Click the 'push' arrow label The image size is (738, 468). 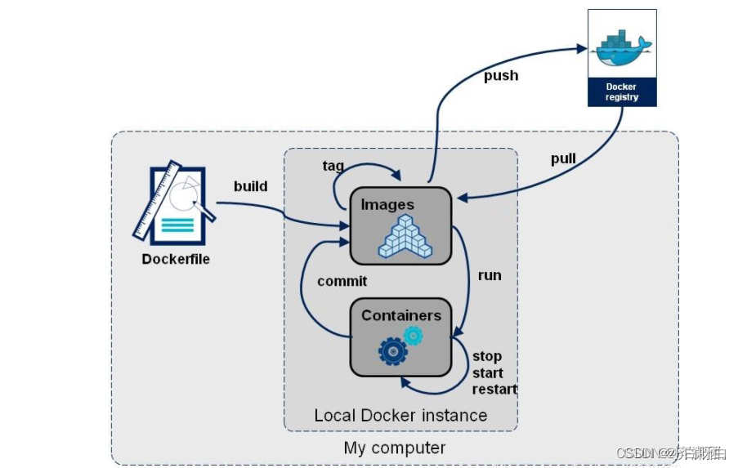pos(500,75)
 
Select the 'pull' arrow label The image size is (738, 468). pos(563,158)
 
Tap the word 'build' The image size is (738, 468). pos(250,186)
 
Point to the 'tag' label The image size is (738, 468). pos(333,166)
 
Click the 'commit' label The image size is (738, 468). pos(342,281)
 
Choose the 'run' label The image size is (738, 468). pos(490,275)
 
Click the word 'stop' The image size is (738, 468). pos(487,357)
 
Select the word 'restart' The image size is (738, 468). pos(494,389)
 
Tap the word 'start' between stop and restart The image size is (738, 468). pos(488,373)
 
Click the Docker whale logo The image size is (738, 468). pos(622,49)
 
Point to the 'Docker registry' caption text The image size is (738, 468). pos(622,91)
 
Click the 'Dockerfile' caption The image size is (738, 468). pos(176,259)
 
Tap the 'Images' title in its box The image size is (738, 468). pos(387,205)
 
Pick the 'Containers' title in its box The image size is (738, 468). pos(400,315)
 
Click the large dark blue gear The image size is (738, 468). pos(392,350)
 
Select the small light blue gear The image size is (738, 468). pos(414,335)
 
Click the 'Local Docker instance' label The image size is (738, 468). pos(400,415)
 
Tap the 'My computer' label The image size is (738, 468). pos(395,448)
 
